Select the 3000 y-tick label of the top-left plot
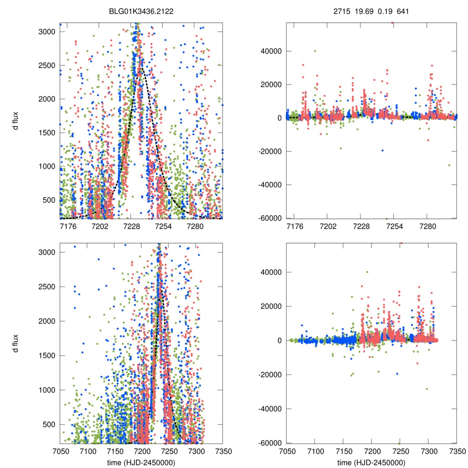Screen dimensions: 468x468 pos(47,32)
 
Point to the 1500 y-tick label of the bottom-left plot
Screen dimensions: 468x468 pos(47,356)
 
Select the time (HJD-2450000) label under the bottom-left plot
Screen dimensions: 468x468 pos(141,463)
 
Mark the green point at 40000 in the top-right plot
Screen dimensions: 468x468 pos(315,51)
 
